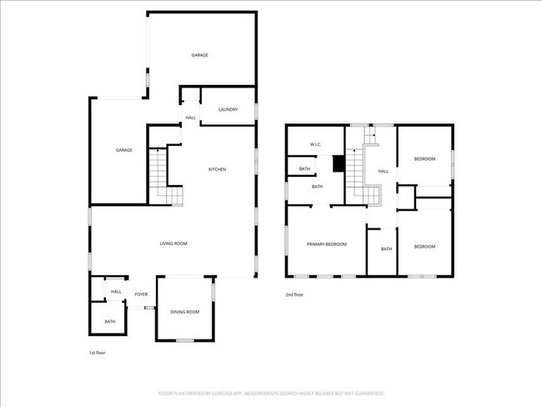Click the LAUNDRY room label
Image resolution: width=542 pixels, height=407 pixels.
[228, 109]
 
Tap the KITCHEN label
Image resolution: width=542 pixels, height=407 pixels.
[217, 169]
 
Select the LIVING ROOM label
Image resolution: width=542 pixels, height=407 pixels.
[173, 244]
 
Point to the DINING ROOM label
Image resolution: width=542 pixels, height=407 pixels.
[185, 312]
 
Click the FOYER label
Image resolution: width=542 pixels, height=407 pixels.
[141, 294]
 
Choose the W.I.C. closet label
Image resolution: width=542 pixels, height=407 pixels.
[316, 144]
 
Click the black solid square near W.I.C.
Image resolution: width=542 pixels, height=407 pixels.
[339, 163]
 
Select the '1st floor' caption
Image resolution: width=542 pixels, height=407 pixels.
[97, 353]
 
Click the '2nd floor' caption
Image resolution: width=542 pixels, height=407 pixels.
[294, 294]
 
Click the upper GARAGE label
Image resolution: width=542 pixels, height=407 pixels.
[200, 55]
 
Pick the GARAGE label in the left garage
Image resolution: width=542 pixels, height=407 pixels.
[124, 150]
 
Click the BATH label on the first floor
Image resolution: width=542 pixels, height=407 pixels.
[110, 321]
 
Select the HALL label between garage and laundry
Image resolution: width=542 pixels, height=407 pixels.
[190, 118]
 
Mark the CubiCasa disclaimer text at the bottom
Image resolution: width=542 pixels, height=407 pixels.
[271, 392]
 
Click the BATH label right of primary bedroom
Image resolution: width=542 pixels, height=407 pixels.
[386, 249]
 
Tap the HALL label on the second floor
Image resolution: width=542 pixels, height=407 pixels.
[383, 171]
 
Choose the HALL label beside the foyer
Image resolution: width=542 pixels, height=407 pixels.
[116, 291]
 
